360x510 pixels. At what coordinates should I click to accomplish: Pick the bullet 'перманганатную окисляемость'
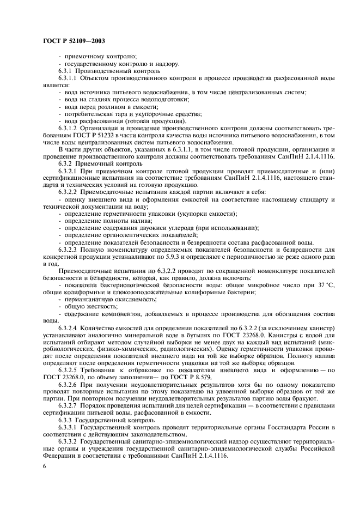pos(101,299)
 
